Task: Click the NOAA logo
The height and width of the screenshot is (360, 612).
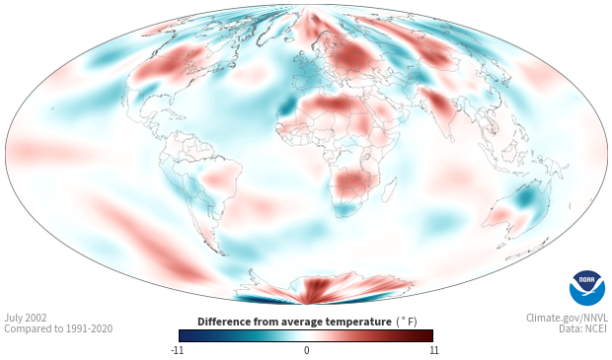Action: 587,287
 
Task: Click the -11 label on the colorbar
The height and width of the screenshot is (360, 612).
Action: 178,350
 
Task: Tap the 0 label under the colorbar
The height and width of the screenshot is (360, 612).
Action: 306,350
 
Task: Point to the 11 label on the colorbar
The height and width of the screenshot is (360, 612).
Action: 433,350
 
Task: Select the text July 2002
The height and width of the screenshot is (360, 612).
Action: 26,318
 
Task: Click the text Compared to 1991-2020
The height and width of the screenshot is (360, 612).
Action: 58,328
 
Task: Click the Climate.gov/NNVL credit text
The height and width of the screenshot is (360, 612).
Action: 567,318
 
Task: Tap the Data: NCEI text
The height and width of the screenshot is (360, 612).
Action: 583,328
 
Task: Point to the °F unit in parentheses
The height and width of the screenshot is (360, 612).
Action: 407,323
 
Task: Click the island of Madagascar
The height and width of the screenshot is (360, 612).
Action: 389,189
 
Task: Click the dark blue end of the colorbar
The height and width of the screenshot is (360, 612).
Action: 188,335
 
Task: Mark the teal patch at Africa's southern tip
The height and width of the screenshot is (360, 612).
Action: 345,210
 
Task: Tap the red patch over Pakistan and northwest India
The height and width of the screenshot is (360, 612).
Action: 439,105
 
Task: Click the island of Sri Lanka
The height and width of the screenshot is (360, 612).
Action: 452,138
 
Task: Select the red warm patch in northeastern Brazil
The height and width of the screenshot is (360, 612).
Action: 218,178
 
